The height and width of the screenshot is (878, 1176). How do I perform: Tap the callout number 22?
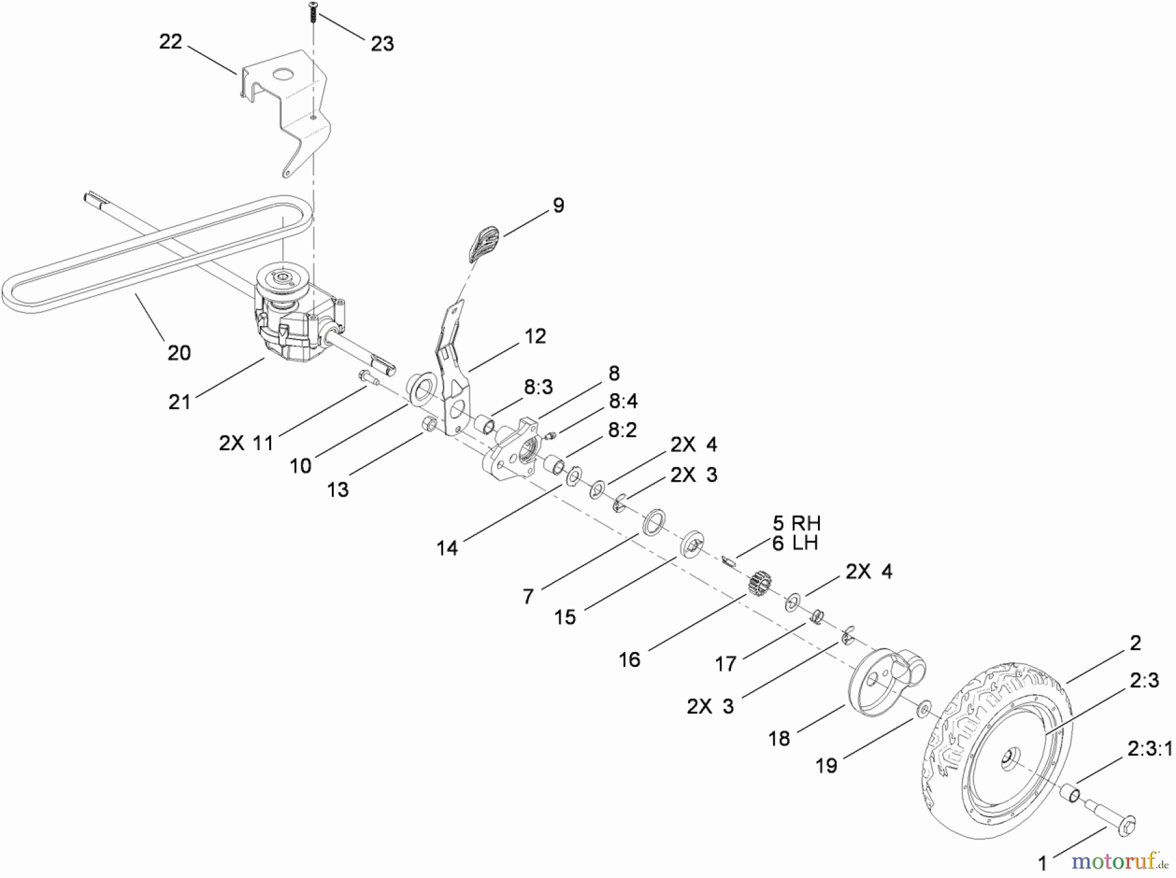click(x=171, y=42)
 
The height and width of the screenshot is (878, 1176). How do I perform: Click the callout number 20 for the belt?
click(x=179, y=353)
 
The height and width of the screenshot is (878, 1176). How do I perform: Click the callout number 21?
click(x=180, y=402)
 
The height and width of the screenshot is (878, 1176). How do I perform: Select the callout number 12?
click(x=535, y=336)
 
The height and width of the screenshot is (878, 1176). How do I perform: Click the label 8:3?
click(x=538, y=387)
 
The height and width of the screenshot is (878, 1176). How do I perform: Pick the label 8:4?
click(x=623, y=400)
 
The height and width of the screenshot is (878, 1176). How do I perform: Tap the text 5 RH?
click(x=796, y=523)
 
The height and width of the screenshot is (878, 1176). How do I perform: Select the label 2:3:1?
click(x=1150, y=749)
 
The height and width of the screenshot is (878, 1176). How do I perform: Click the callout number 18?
click(x=779, y=739)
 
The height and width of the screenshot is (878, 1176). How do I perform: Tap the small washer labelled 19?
click(x=924, y=708)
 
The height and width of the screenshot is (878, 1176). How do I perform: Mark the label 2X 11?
click(x=246, y=443)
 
